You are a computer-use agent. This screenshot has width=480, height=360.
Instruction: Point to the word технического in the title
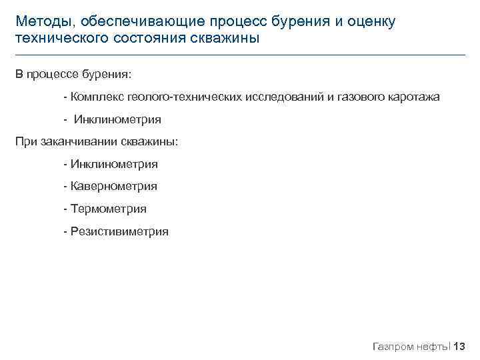click(59, 39)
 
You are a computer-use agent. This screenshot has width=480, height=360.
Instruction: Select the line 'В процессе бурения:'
click(74, 74)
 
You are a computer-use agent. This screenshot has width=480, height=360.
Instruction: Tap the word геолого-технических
click(180, 97)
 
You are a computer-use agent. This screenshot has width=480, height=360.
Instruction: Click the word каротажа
click(413, 97)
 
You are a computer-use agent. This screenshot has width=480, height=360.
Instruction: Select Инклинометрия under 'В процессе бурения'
click(117, 120)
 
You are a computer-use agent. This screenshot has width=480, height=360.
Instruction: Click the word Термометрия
click(108, 209)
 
